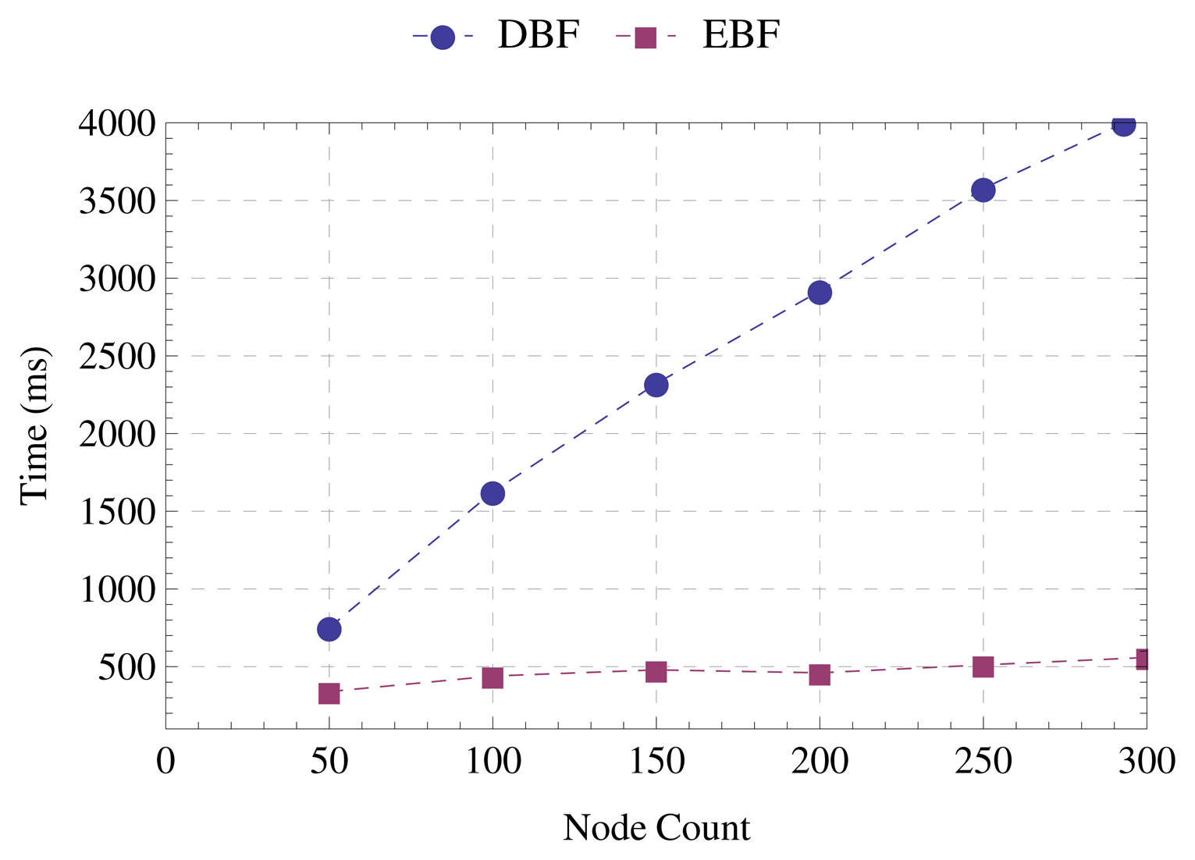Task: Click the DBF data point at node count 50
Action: pyautogui.click(x=329, y=629)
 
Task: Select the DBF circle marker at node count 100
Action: pyautogui.click(x=493, y=493)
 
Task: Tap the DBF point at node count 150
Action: pyautogui.click(x=656, y=385)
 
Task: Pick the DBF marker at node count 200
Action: pyautogui.click(x=820, y=293)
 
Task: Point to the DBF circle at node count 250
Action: pyautogui.click(x=983, y=190)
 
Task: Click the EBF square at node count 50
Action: pyautogui.click(x=329, y=693)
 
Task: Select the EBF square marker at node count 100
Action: pyautogui.click(x=493, y=677)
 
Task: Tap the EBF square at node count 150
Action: pyautogui.click(x=656, y=671)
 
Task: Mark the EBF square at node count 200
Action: pyautogui.click(x=820, y=674)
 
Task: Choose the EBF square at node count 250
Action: pyautogui.click(x=983, y=666)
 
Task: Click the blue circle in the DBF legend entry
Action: pyautogui.click(x=443, y=37)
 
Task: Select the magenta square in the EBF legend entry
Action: pyautogui.click(x=646, y=37)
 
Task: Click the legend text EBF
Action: pyautogui.click(x=741, y=35)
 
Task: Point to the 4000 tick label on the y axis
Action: pyautogui.click(x=117, y=123)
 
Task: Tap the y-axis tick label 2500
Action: pyautogui.click(x=117, y=356)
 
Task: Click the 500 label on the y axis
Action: pyautogui.click(x=126, y=667)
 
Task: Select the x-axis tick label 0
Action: pyautogui.click(x=165, y=762)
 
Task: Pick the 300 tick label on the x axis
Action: pyautogui.click(x=1146, y=762)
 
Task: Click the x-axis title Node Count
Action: pyautogui.click(x=656, y=828)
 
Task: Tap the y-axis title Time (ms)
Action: pyautogui.click(x=34, y=426)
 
